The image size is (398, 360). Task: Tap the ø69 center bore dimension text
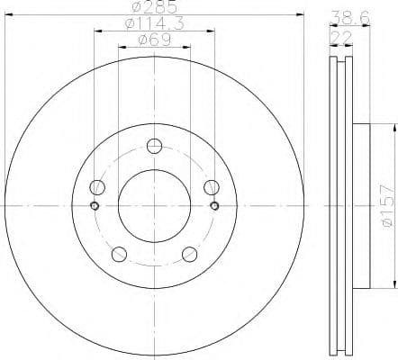[x=154, y=41]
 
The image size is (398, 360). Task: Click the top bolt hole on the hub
[x=155, y=146]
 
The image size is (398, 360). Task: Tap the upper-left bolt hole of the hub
[x=98, y=187]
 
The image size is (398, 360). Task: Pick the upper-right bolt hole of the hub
[x=212, y=187]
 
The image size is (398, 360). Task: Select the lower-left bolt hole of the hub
[x=120, y=253]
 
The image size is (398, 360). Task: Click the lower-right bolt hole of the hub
[x=190, y=253]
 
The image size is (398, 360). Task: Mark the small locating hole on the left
[x=95, y=205]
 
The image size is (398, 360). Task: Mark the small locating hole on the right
[x=214, y=205]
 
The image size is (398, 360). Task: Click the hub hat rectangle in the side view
[x=359, y=205]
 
